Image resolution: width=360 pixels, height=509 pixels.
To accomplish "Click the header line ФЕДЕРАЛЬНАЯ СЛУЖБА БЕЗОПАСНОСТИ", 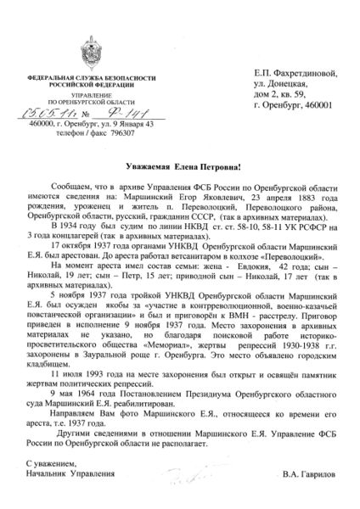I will (x=82, y=77).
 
